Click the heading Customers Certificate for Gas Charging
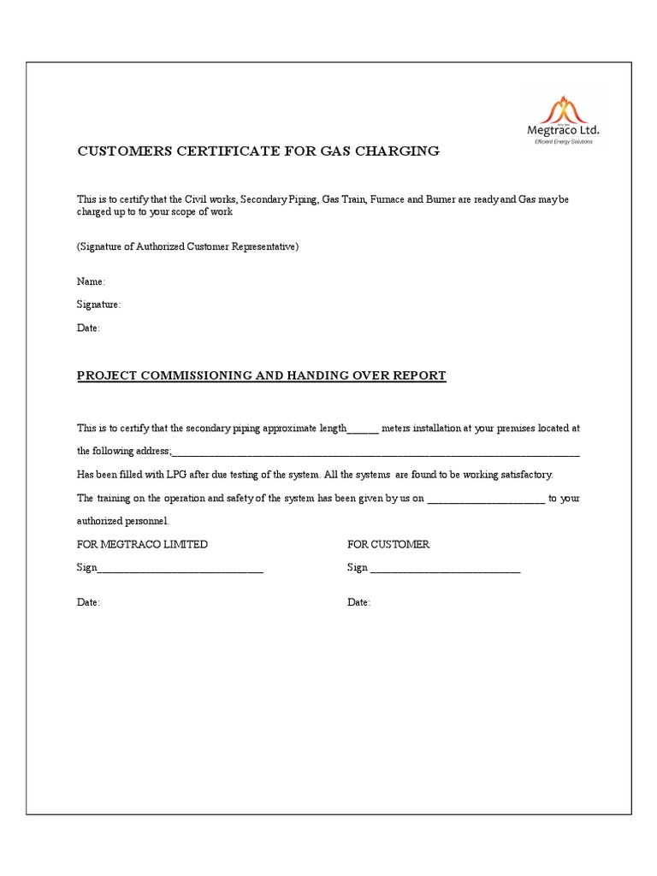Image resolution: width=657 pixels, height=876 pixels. pos(258,151)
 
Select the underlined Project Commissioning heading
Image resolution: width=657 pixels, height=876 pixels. pos(262,376)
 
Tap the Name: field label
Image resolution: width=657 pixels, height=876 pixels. pos(92,281)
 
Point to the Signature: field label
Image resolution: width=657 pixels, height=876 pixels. pos(99,305)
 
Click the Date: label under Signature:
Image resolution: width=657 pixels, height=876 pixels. pos(89,328)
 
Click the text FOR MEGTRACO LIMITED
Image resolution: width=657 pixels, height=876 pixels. pos(143,544)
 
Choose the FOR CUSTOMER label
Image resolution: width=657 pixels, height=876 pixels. pos(388,544)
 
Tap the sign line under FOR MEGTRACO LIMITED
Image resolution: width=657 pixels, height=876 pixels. pos(181,569)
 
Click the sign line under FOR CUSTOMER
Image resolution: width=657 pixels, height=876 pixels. pos(446,569)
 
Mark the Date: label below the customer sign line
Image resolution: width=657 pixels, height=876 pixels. pos(359,602)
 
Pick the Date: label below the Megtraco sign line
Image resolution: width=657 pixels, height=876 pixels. pos(89,602)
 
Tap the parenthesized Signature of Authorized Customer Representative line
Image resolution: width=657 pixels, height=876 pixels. pos(187,246)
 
